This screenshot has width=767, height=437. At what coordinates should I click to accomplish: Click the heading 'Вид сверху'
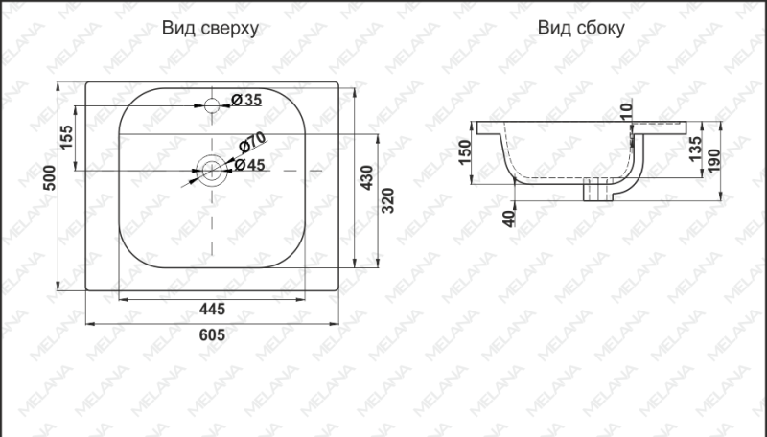coord(211,29)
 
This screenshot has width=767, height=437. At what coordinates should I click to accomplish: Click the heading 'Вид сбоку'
coord(581,29)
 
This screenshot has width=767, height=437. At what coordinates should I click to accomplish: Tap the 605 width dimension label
coord(212,334)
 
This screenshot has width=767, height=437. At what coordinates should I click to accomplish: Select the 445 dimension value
coord(212,309)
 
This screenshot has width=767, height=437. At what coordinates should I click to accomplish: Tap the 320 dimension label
coord(388,201)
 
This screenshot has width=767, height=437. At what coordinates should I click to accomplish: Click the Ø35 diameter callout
coord(246,100)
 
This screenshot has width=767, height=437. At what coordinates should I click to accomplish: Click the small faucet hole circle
coord(213,103)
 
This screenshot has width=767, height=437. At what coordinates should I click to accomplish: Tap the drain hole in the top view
coord(212,172)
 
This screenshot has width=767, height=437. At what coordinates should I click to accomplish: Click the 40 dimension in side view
coord(509,216)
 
